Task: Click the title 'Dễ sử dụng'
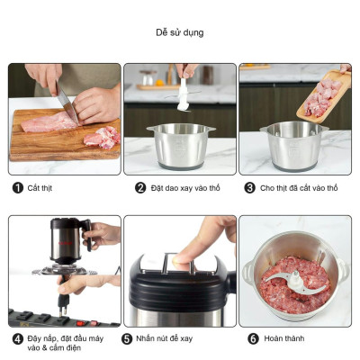(180, 32)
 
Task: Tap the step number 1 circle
(18, 188)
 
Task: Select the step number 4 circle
(18, 339)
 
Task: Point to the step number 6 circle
(253, 338)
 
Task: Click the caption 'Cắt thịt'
(40, 188)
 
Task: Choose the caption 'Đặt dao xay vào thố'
(185, 188)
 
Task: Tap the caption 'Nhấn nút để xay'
(164, 338)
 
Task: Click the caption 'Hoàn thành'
(284, 338)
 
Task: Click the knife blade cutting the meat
(67, 103)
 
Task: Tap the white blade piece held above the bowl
(183, 94)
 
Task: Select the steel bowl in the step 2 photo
(181, 147)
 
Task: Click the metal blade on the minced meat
(296, 282)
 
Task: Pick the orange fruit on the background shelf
(159, 83)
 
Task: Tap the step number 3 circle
(249, 188)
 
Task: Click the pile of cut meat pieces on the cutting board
(103, 137)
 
